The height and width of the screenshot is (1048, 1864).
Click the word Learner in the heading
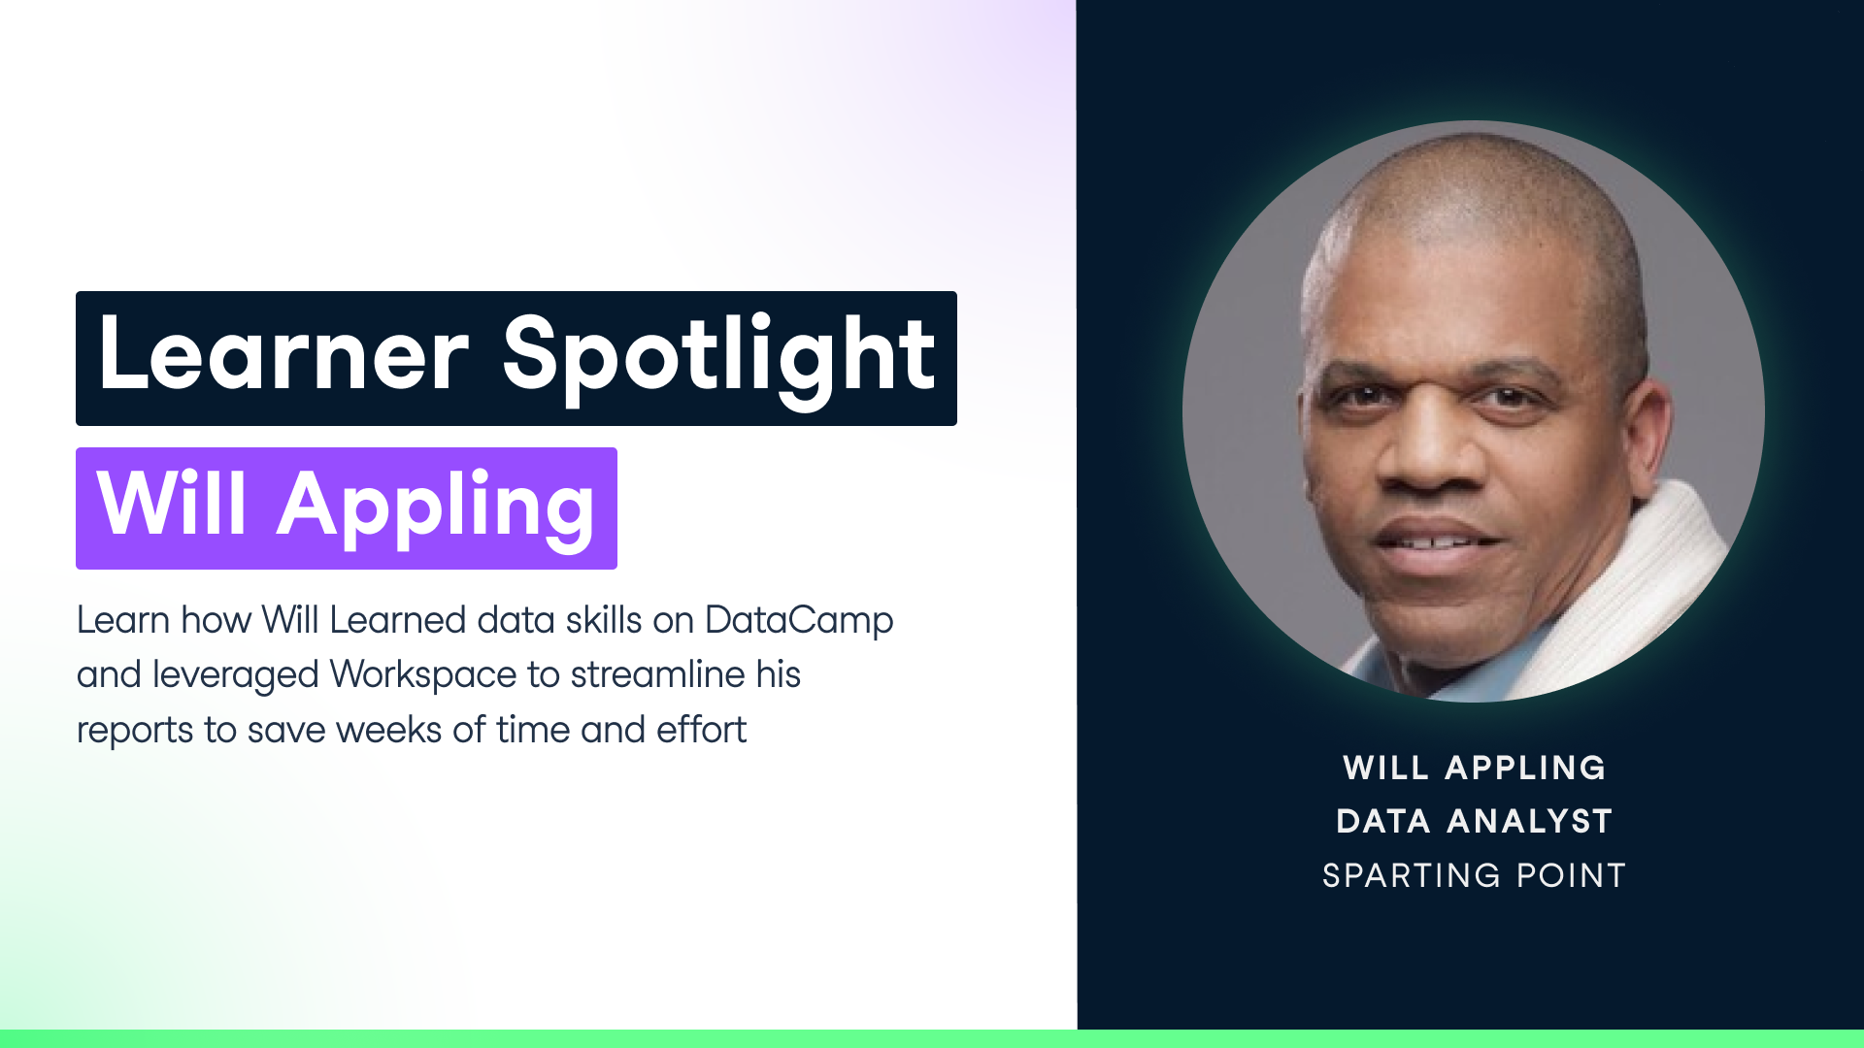283,355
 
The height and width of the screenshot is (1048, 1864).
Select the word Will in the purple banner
173,505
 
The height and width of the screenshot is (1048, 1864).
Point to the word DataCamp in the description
798,621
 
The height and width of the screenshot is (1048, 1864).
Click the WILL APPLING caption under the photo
1474,768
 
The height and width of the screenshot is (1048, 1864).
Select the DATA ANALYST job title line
1474,821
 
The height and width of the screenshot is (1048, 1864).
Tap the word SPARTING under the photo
1412,875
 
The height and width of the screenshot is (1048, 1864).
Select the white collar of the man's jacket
1660,573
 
